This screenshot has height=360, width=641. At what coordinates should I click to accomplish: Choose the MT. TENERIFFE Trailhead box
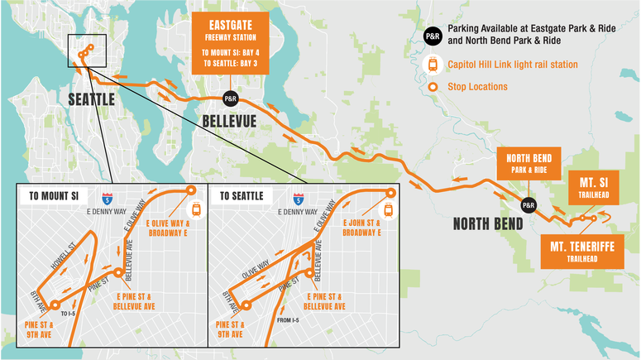[x=581, y=250]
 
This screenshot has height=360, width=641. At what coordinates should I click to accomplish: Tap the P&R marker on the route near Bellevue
[x=230, y=98]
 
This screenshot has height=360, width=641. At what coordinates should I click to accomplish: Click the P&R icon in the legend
[x=432, y=36]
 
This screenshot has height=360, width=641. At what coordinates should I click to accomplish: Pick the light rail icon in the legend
[x=432, y=64]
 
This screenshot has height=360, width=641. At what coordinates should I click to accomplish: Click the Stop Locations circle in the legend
[x=432, y=86]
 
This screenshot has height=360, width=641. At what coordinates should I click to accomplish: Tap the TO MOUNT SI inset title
[x=54, y=196]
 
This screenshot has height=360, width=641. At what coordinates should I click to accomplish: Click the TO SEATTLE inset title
[x=242, y=196]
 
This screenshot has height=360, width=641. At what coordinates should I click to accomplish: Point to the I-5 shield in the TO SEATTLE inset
[x=298, y=199]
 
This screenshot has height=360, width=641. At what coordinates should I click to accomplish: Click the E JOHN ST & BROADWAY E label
[x=362, y=228]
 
